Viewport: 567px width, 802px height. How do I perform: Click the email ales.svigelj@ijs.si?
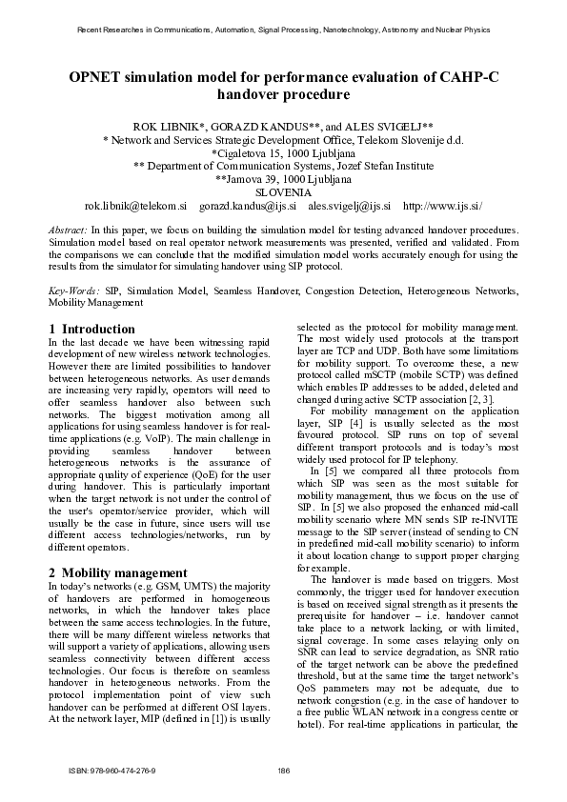pos(350,205)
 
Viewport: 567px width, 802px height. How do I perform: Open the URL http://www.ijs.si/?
pos(443,205)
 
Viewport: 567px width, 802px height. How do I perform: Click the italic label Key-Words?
pos(74,289)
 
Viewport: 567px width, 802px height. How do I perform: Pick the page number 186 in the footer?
pos(283,771)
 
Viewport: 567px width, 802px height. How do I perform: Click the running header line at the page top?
pos(283,30)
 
